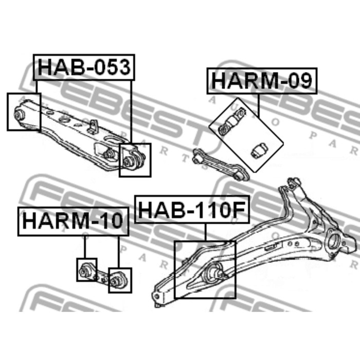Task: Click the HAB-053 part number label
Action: (84, 67)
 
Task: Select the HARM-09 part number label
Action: (262, 81)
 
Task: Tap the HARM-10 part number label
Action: (73, 221)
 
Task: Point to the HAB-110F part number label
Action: (192, 209)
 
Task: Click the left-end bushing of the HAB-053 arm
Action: (20, 114)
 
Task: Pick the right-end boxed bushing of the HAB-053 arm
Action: (128, 161)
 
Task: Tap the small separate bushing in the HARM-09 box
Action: (258, 151)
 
